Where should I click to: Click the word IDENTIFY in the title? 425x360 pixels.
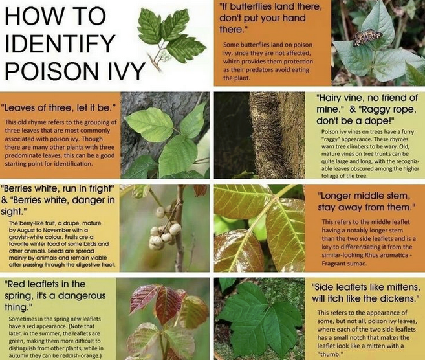[x=59, y=43]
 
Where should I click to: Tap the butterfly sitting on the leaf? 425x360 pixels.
[x=367, y=38]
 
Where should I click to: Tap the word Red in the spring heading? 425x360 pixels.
[x=14, y=284]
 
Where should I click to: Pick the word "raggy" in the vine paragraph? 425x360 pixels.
[x=331, y=139]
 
